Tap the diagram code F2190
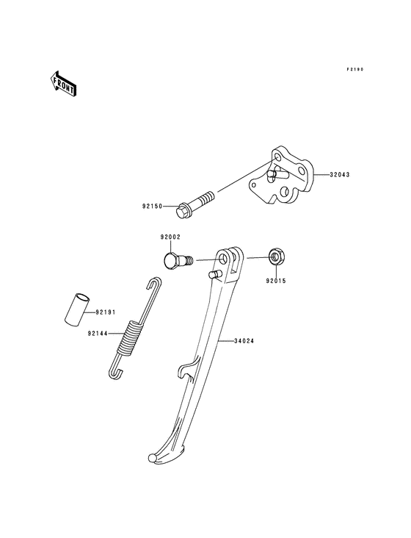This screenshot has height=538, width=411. point(355,69)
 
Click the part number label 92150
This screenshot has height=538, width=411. point(153,207)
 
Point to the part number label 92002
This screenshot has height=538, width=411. point(170,237)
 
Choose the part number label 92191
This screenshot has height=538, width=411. point(106,312)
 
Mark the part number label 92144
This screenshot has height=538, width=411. point(98,333)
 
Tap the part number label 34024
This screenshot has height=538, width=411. point(245,340)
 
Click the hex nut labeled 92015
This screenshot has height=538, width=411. point(277,257)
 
